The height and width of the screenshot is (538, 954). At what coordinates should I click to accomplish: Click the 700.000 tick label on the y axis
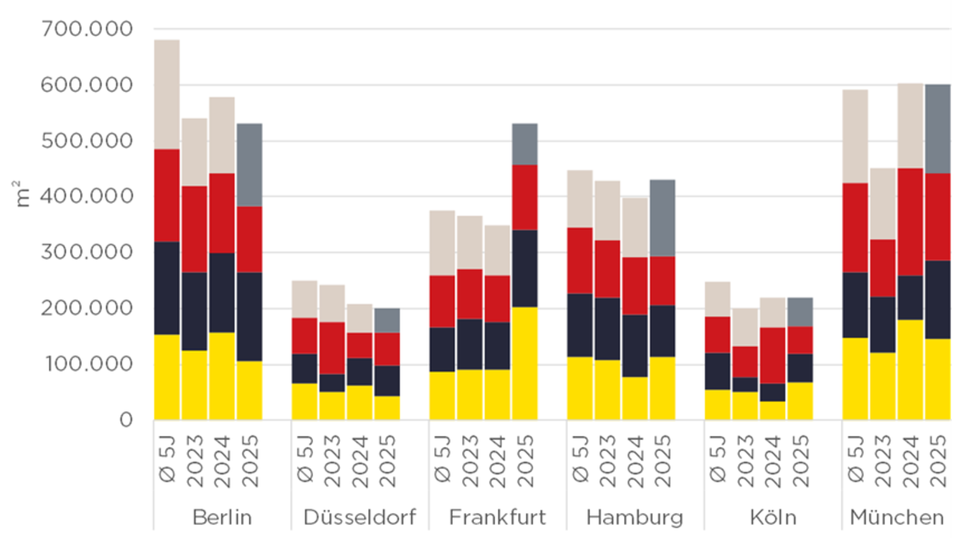coord(87,29)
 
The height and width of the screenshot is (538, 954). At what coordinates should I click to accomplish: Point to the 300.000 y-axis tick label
coord(87,252)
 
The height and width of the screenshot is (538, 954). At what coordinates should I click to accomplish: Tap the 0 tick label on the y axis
coord(126,420)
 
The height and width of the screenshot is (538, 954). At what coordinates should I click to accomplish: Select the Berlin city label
coord(222,517)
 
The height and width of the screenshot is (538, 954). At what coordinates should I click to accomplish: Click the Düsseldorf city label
coord(359,517)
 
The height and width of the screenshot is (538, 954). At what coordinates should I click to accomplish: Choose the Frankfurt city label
coord(497,517)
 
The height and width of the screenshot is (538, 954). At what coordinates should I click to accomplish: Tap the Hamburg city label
coord(634,517)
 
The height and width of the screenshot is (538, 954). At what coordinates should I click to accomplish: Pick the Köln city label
coord(773,517)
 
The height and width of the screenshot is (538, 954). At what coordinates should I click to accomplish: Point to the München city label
coord(897,517)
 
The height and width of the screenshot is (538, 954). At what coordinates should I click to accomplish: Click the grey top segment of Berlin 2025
coord(249,165)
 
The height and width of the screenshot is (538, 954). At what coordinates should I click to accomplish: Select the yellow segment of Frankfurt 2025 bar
coord(525,363)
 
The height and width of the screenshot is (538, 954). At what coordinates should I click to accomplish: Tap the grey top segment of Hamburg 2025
coord(662,218)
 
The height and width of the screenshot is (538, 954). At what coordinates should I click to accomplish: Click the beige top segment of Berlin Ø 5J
coord(167,94)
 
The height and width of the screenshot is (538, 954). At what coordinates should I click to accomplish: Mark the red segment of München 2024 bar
coord(910,222)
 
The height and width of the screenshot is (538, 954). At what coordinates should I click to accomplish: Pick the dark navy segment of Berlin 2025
coord(249,317)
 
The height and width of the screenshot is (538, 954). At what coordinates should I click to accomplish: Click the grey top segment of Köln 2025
coord(800,312)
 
